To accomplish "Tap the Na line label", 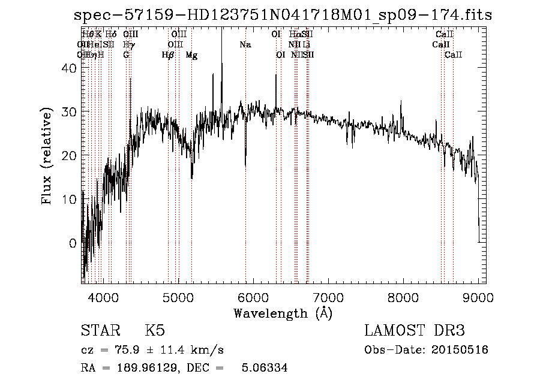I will (245, 45).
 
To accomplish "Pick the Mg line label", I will (191, 55).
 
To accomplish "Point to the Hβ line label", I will (168, 55).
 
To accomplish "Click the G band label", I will (126, 55).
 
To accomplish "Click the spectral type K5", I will (155, 331).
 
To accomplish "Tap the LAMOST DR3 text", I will (414, 331).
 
